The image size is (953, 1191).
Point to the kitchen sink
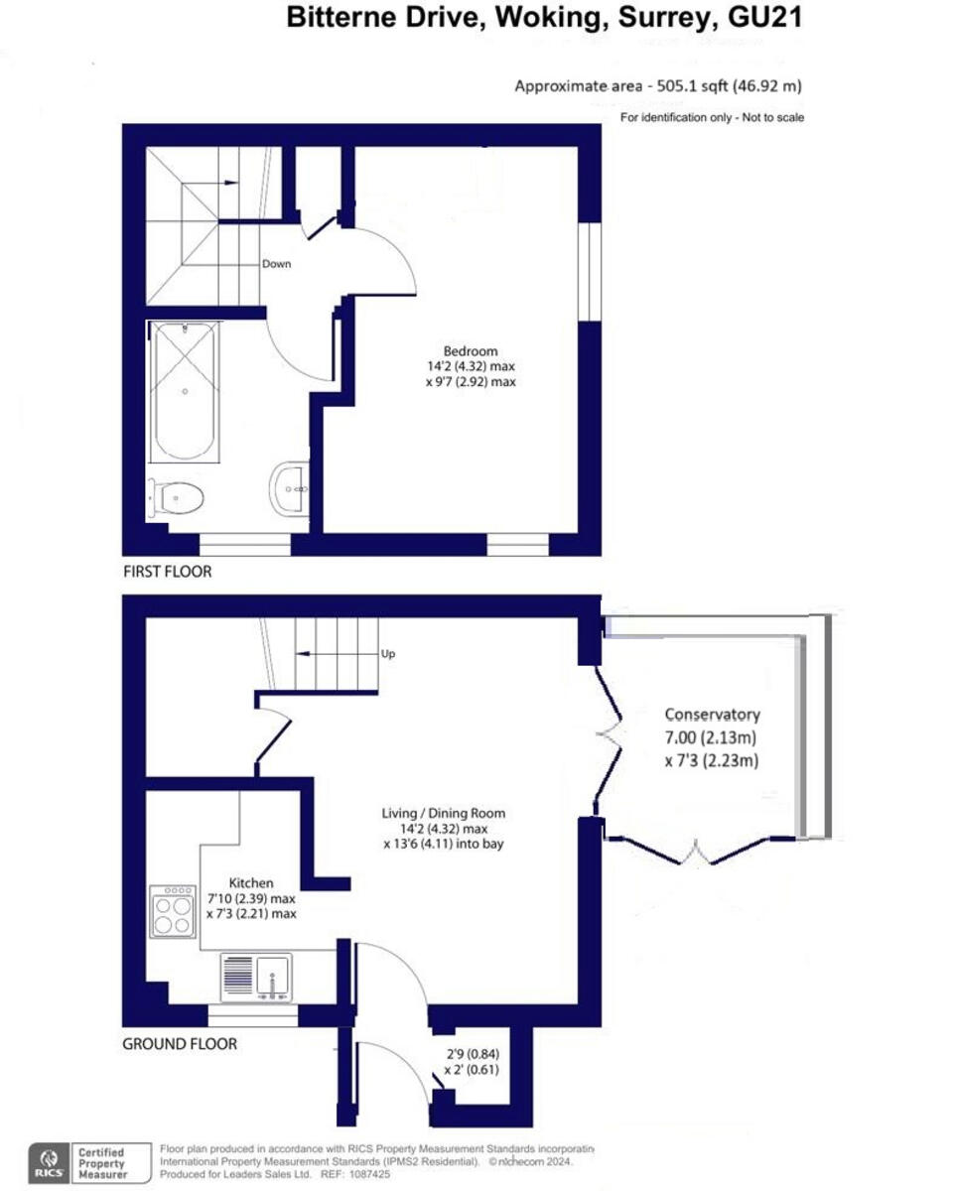256,976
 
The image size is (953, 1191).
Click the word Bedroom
470,350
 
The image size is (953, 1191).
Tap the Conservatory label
712,715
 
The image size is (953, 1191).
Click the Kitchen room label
251,882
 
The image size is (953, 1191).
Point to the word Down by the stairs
276,264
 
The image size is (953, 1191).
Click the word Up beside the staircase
388,654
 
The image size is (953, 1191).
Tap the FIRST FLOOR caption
167,572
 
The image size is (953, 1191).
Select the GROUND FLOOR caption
180,1043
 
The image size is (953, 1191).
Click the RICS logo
47,1160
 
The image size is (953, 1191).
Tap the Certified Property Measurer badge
103,1160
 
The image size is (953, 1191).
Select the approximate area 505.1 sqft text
619,86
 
